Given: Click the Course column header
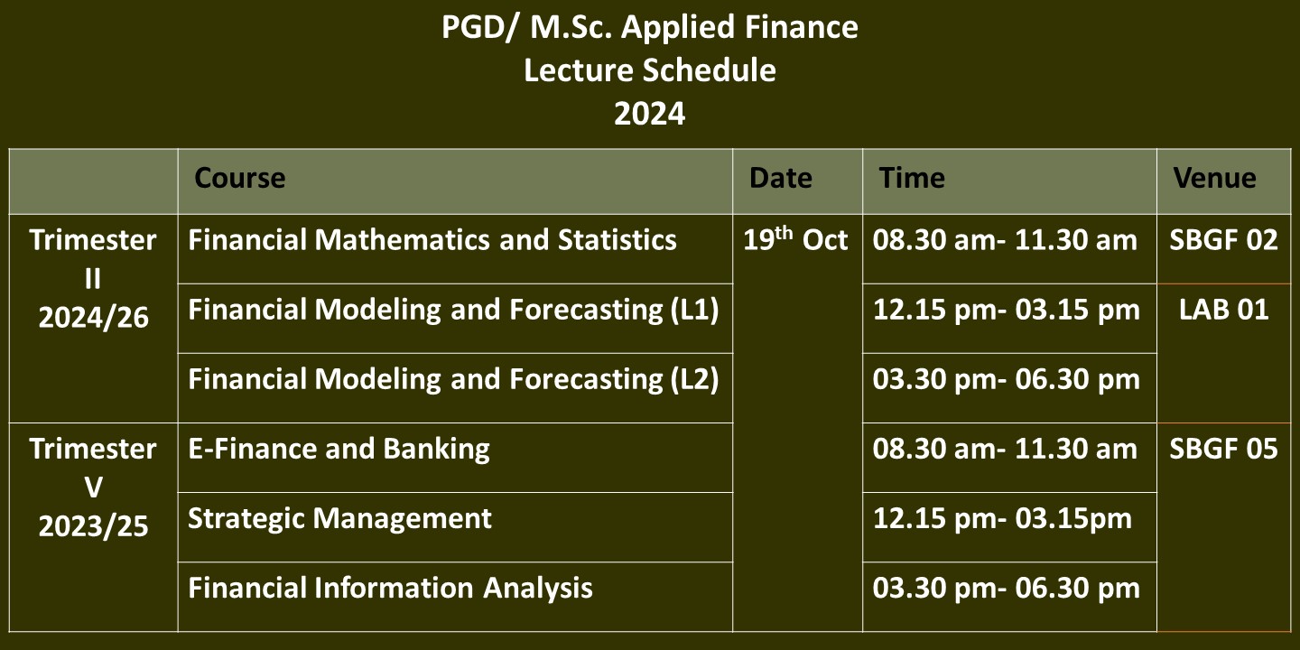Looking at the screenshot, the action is coord(240,178).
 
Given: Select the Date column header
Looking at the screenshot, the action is coord(781,178).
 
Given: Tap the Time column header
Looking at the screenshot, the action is coord(912,178).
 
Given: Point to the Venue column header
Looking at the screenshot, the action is coord(1215,178).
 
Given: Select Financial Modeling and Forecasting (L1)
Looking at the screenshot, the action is coord(453,310).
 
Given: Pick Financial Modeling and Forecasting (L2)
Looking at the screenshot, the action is coord(453,379).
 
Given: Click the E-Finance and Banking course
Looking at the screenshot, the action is coord(339,450).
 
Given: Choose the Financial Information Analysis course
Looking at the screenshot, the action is coord(390,588).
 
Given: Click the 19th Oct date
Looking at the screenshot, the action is coord(795,238).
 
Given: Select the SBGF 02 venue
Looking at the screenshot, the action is coord(1223,240).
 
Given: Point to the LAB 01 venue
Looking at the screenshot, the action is coord(1223,310).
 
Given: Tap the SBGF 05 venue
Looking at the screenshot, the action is coord(1223,449).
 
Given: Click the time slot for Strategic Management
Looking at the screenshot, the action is coord(1002,519).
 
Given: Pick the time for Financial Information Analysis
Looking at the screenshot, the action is coord(1007,589).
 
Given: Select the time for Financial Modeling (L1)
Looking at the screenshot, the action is coord(1007,311).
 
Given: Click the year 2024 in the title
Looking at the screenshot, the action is coord(650,114).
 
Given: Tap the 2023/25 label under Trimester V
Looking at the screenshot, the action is coord(94,526).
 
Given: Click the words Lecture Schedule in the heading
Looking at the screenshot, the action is coord(650,70).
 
